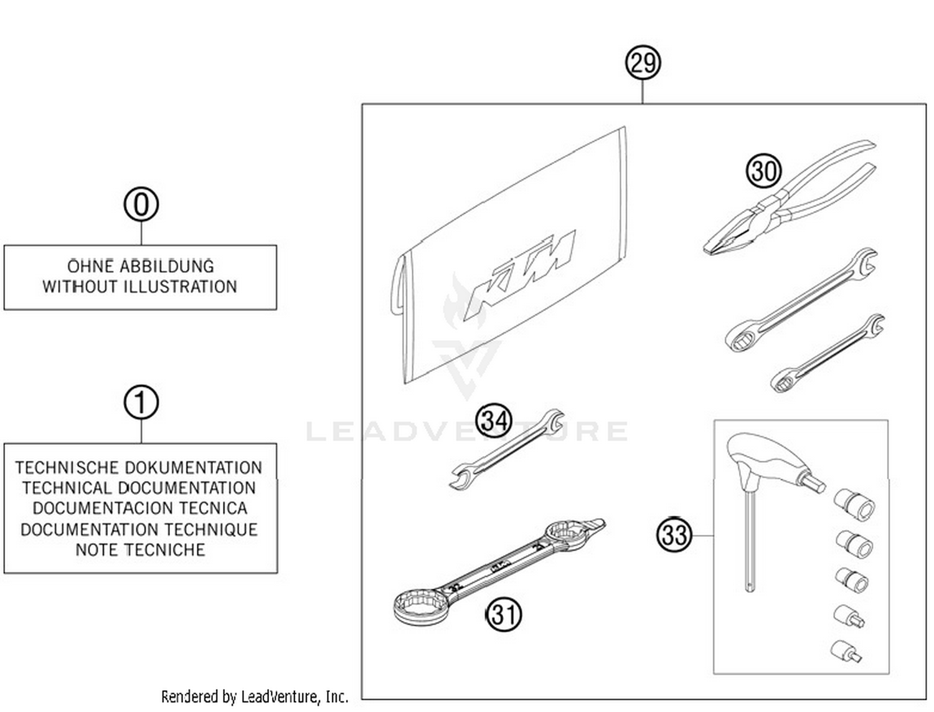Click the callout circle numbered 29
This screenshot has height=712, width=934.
643,63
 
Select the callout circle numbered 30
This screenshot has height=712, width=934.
763,171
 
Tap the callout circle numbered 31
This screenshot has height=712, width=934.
503,615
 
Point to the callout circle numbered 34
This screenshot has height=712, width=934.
494,420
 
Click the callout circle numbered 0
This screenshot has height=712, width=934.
141,204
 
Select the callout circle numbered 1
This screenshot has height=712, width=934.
141,402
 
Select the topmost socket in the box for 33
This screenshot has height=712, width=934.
855,503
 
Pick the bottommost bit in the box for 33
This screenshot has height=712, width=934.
847,651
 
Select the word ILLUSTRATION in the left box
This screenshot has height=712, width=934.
180,287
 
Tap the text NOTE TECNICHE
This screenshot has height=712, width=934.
140,549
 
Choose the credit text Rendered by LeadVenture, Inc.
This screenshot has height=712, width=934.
254,696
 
